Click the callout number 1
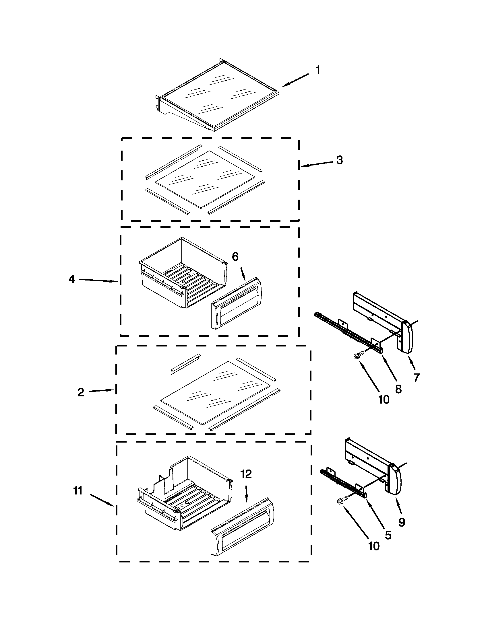click(x=317, y=70)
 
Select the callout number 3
click(x=340, y=160)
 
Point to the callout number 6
click(x=235, y=257)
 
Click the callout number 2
click(x=81, y=392)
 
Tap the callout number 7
click(x=416, y=377)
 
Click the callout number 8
click(x=398, y=389)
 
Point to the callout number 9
click(x=402, y=522)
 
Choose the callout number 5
click(x=388, y=535)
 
